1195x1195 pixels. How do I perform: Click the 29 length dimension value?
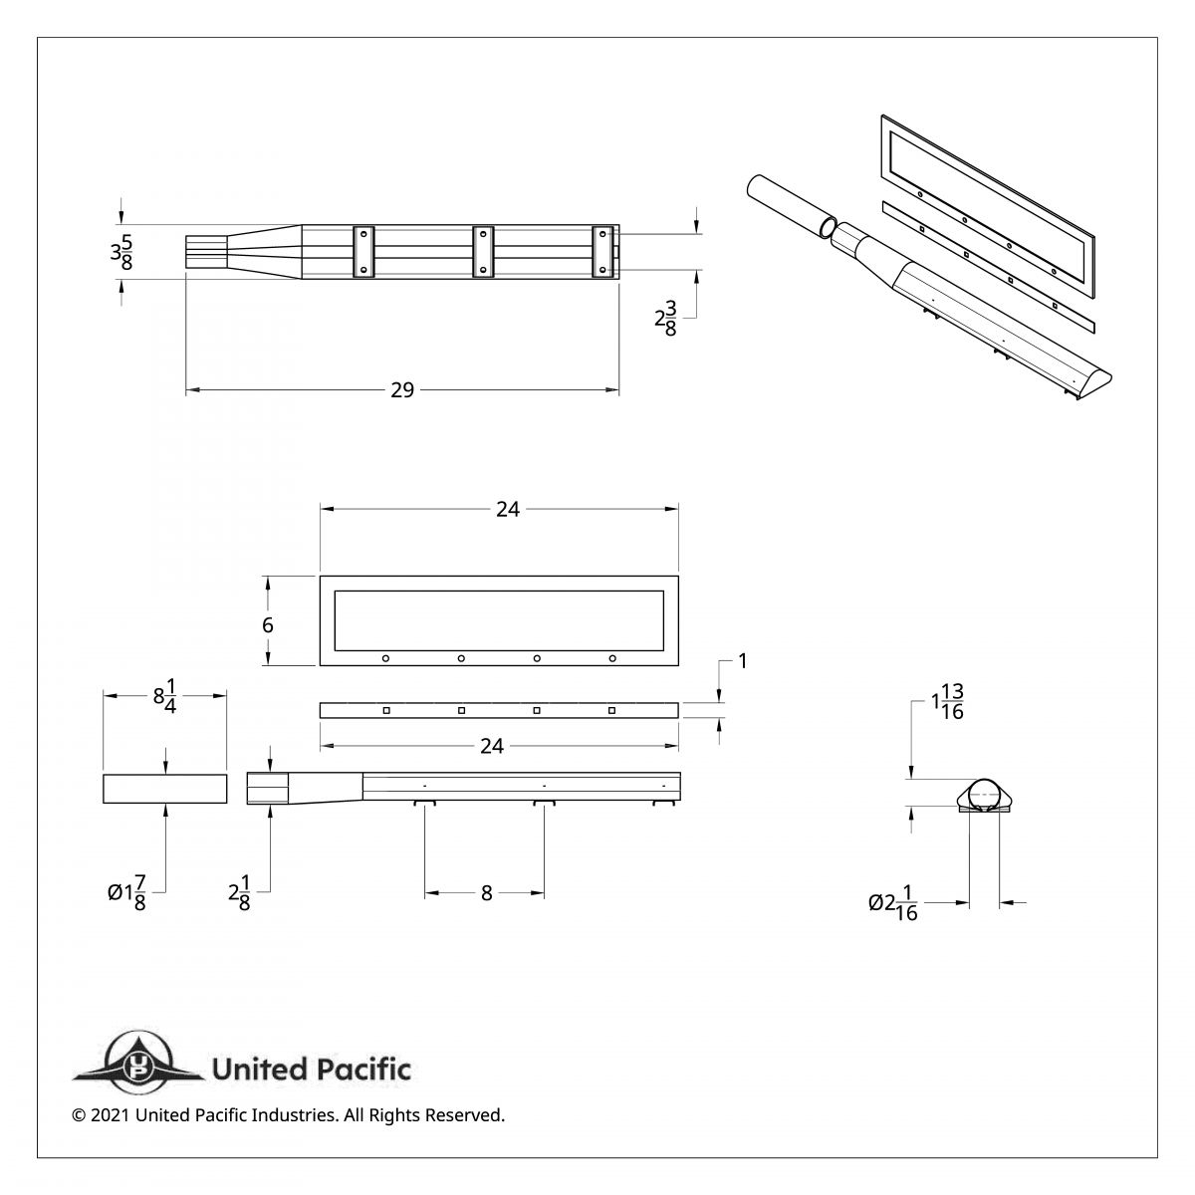click(402, 390)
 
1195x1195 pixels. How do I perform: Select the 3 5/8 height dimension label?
click(122, 252)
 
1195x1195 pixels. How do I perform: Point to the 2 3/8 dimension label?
click(665, 320)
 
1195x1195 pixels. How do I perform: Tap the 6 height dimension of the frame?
click(268, 624)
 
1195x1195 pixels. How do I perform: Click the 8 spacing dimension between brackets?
click(486, 893)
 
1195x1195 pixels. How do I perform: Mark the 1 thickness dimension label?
click(742, 660)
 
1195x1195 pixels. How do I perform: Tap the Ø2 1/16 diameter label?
click(893, 903)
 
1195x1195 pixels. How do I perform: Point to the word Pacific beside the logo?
click(363, 1071)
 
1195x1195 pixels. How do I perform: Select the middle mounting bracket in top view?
click(483, 252)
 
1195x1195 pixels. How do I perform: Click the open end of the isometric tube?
click(826, 228)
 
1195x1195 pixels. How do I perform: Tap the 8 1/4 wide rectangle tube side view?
click(165, 788)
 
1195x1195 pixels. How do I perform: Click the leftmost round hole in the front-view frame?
click(385, 658)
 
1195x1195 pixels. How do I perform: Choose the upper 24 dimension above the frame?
click(508, 509)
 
